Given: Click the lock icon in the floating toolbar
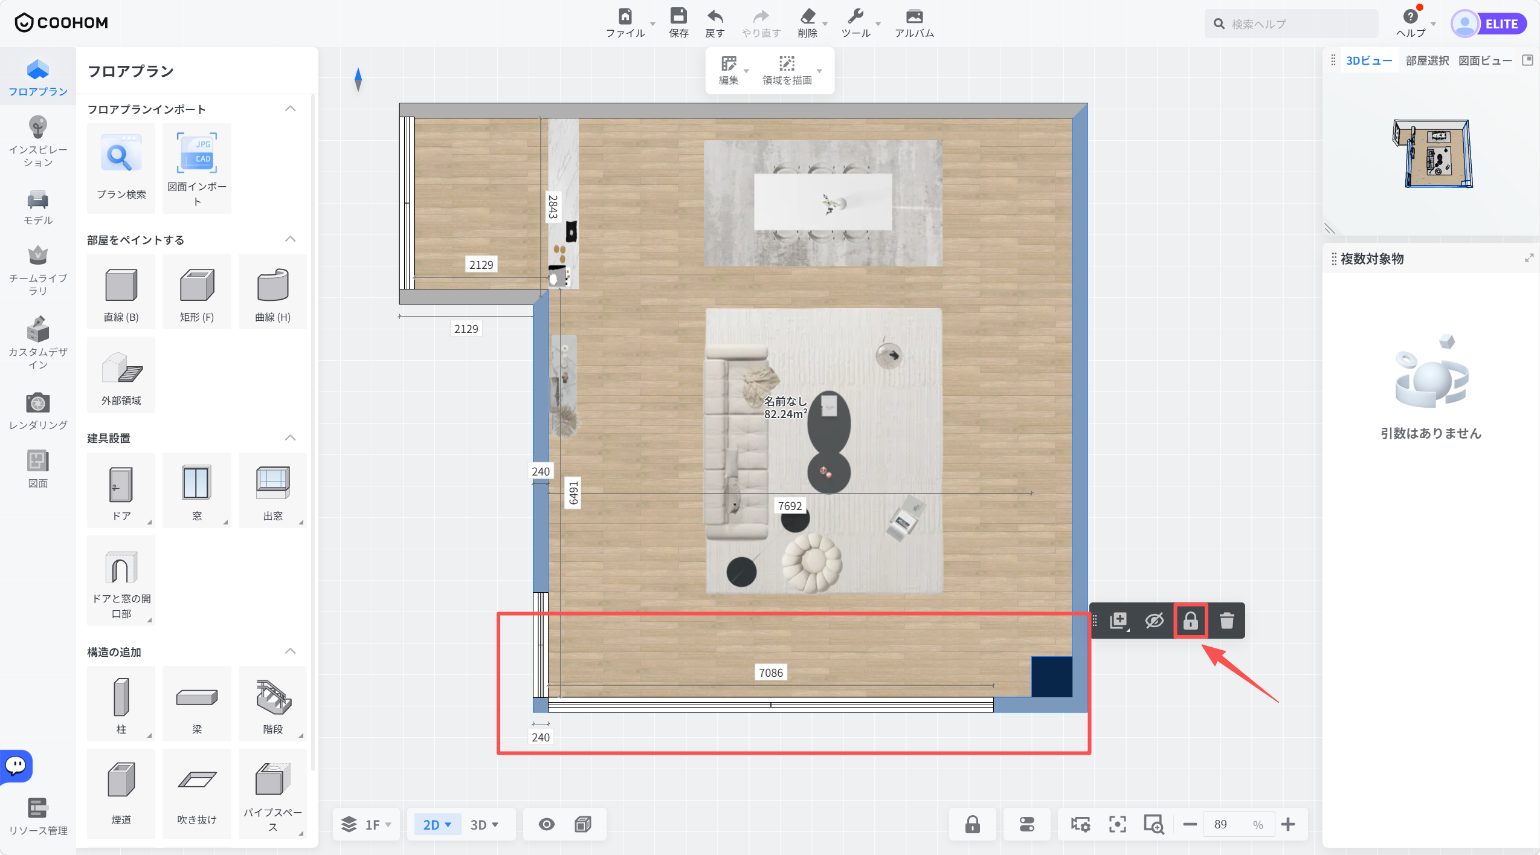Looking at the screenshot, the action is coord(1190,621).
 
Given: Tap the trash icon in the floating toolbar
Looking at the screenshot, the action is coord(1226,621).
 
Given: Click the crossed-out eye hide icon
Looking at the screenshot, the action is coord(1154,621).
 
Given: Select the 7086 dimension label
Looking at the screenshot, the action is coord(771,673).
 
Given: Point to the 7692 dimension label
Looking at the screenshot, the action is coord(790,506).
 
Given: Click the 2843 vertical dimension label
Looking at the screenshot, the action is coord(553,206).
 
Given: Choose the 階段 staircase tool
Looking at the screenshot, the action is coord(273,704).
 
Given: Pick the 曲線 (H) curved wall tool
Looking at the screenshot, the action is coord(273,292).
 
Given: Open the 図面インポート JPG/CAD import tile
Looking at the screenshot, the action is coord(197,169).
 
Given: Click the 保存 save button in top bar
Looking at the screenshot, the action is coord(678,23).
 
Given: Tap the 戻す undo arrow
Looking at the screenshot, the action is coord(715,23).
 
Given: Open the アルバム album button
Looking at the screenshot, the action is coord(914,23).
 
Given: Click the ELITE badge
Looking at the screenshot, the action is coord(1501,24).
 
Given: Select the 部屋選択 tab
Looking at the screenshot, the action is coord(1427,60).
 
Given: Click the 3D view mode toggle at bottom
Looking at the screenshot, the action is coord(484,825).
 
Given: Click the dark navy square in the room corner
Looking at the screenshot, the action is coord(1052,677).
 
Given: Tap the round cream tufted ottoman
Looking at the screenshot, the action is coord(811,563).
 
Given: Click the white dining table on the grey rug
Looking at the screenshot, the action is coord(823,202).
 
